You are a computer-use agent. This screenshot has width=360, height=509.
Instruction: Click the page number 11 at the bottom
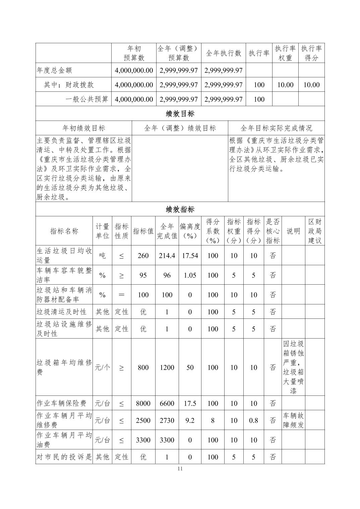[x=180, y=468]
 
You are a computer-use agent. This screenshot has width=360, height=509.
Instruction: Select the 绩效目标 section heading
[x=180, y=114]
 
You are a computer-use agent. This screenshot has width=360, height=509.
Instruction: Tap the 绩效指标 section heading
[x=180, y=210]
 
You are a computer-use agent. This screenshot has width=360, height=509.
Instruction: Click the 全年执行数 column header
[x=224, y=53]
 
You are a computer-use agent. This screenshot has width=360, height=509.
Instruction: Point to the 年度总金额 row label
[x=54, y=70]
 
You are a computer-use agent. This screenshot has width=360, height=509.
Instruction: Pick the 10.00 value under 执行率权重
[x=285, y=85]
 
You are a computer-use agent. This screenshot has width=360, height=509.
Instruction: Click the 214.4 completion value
[x=167, y=256]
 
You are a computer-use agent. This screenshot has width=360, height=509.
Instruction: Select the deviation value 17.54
[x=190, y=256]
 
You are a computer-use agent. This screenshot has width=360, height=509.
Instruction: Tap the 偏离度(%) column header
[x=190, y=231]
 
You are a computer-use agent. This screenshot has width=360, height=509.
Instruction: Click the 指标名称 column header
[x=64, y=231]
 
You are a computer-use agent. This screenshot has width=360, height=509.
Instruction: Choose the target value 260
[x=143, y=256]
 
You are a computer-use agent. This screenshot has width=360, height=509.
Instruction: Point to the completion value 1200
[x=167, y=367]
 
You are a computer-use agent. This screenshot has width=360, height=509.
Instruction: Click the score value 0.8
[x=253, y=420]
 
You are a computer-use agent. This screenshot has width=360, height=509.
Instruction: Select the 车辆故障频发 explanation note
[x=293, y=420]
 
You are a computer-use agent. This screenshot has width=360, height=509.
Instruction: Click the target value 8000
[x=143, y=404]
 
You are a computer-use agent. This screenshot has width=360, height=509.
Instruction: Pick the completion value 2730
[x=167, y=420]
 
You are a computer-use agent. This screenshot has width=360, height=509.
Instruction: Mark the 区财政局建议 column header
[x=315, y=231]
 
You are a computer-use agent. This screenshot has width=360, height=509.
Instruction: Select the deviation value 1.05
[x=190, y=275]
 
